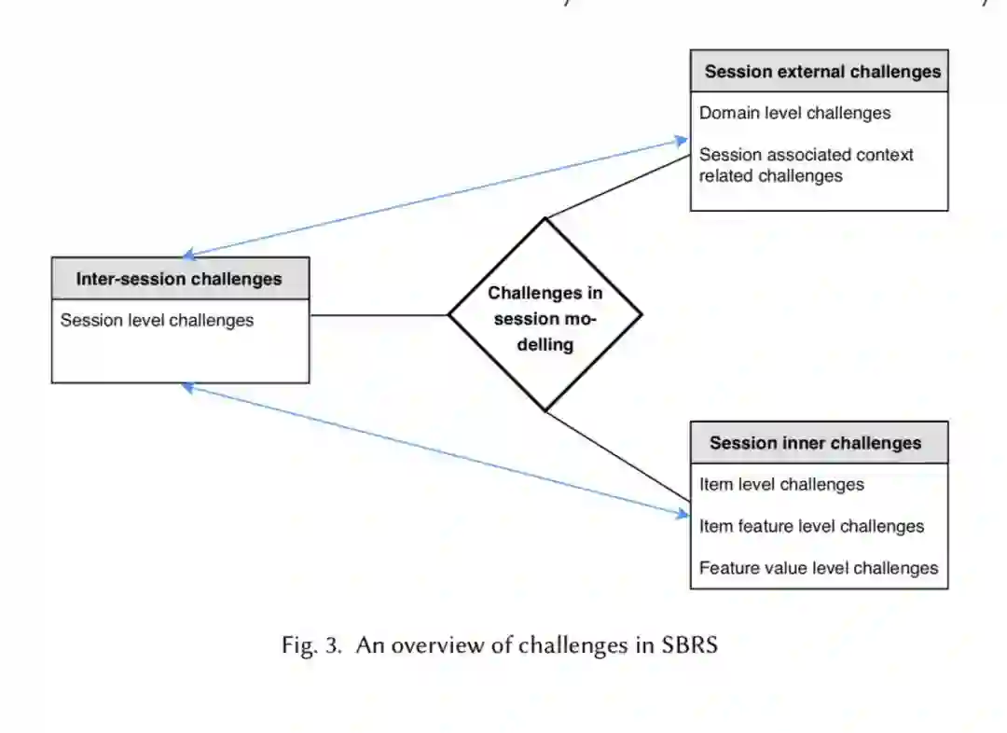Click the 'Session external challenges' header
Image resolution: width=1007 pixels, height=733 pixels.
point(822,72)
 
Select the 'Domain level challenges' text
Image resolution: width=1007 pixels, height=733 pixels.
point(794,113)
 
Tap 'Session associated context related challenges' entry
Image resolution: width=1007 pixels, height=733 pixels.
point(806,165)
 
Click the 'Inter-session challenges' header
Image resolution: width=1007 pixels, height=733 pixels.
point(179,279)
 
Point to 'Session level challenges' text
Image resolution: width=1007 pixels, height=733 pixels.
point(157,320)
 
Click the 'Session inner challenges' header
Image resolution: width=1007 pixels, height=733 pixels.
point(815,443)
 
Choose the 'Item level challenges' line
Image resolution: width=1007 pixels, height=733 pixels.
point(781,484)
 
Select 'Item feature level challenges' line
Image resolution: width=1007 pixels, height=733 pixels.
point(811,526)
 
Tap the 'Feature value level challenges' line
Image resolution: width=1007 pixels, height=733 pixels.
point(819,568)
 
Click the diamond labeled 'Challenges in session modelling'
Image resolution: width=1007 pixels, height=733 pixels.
point(545,315)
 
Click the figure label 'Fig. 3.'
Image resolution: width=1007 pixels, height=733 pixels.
point(311,645)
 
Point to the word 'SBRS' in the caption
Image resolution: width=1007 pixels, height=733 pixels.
point(689,645)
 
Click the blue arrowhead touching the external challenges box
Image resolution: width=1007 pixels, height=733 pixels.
point(682,141)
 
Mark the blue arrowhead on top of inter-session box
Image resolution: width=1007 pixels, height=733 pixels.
point(188,253)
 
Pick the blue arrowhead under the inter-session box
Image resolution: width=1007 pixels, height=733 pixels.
point(188,386)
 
